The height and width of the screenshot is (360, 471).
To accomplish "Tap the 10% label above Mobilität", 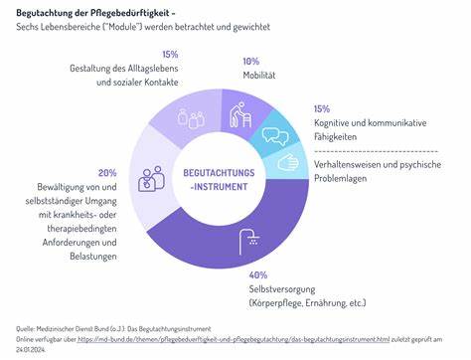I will coord(251,61).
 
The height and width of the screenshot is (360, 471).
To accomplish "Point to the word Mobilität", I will coord(261,75).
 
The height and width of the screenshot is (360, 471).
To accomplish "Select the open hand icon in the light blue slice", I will coord(288,162).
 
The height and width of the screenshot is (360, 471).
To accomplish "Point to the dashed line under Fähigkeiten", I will coord(377,147).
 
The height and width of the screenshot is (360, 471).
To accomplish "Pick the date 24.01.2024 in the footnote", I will coord(32,350).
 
